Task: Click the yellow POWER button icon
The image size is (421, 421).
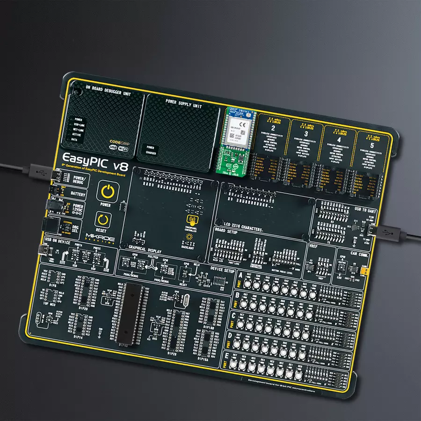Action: point(107,193)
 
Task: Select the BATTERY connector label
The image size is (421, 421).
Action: point(78,193)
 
